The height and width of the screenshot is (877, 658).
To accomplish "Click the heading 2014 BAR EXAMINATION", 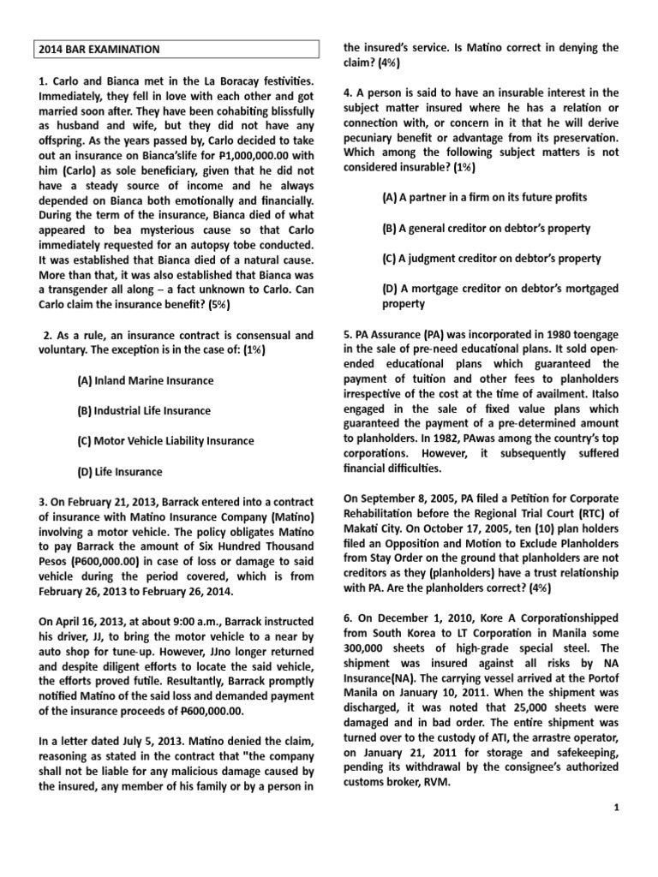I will pos(99,50).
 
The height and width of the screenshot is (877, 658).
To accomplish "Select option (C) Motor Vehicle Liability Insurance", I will pos(165,440).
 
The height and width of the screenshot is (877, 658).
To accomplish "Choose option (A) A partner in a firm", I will pos(484,197).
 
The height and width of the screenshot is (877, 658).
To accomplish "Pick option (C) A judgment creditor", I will pos(491,258).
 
